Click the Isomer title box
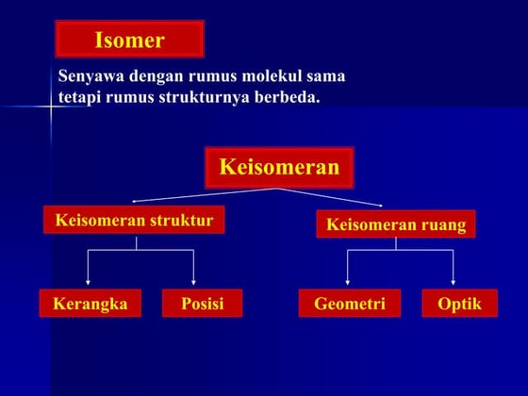click(129, 40)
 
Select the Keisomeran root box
click(278, 168)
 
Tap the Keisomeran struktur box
click(134, 221)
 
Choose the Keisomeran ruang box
click(395, 224)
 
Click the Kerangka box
click(90, 304)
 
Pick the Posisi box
click(202, 304)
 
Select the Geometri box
click(349, 304)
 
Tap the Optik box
click(459, 304)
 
